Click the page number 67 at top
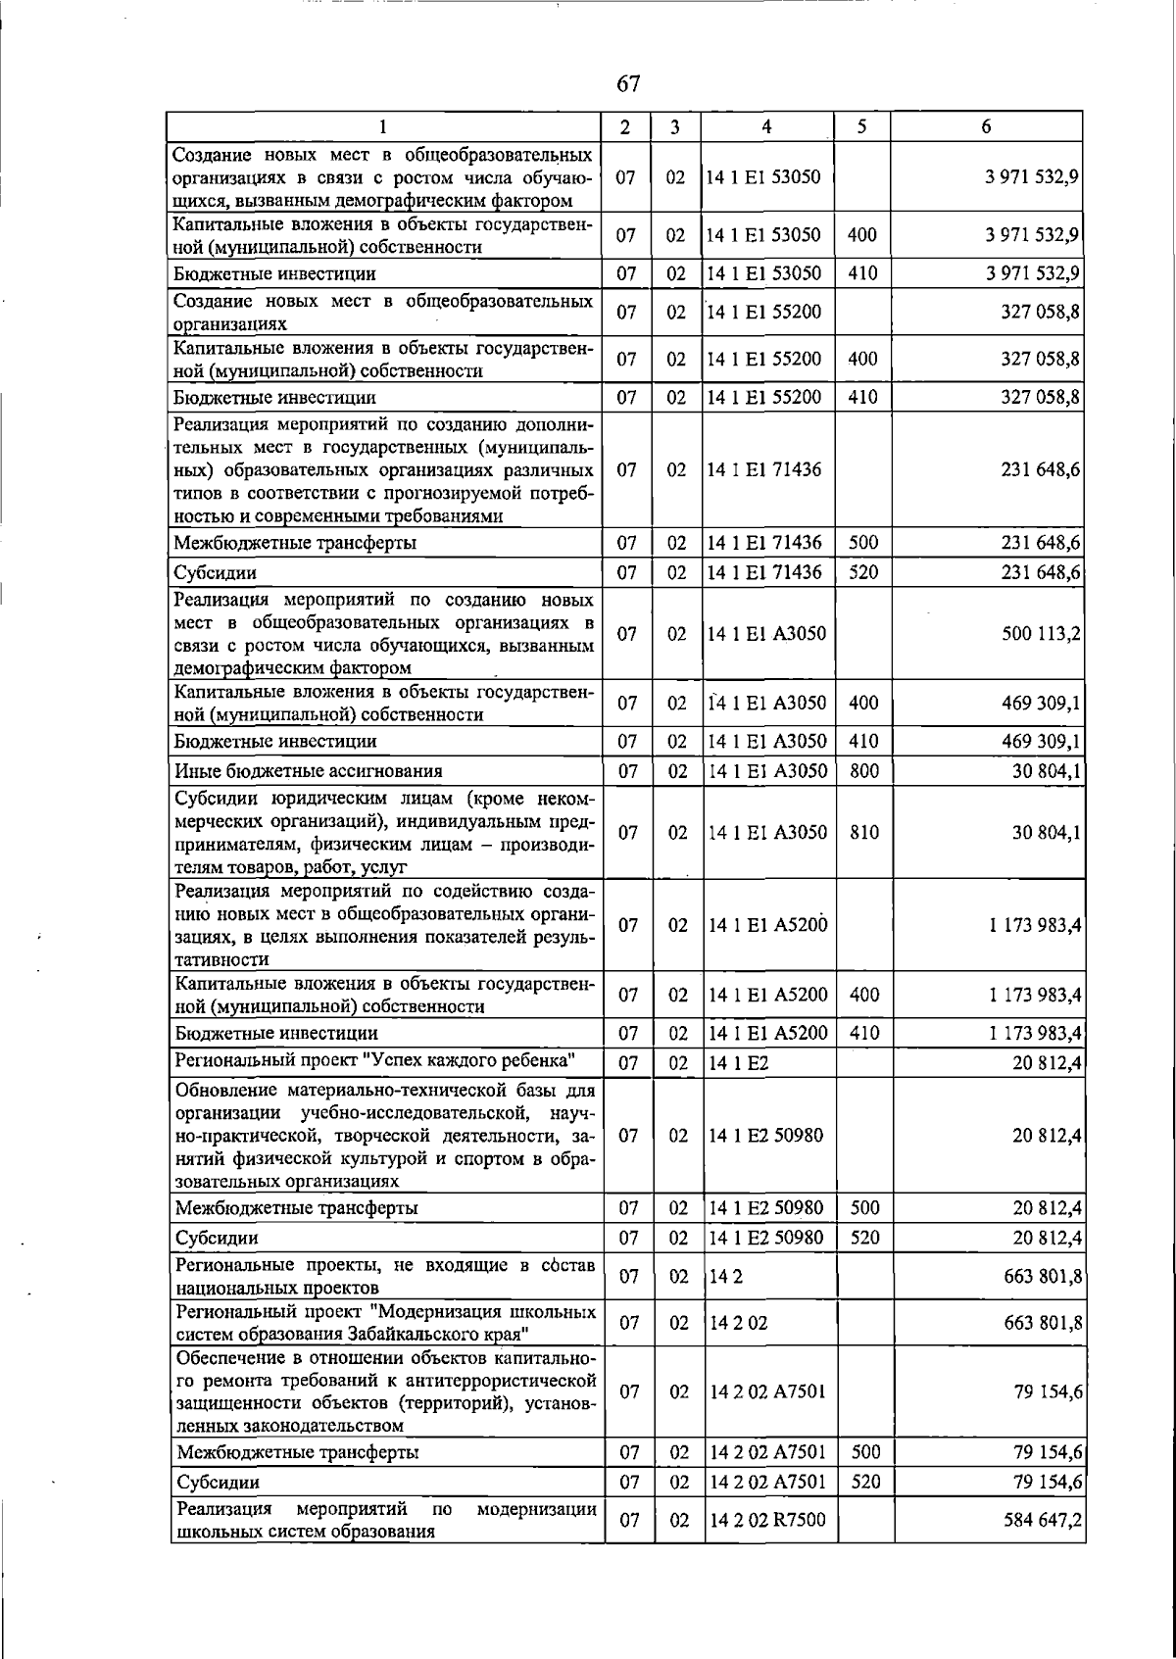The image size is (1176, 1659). click(628, 84)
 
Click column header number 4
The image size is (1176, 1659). click(766, 126)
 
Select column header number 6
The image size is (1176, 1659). click(986, 126)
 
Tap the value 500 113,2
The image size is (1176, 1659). click(1041, 634)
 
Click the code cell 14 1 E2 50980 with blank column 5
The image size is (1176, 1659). click(765, 1136)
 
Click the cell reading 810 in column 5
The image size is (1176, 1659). click(863, 833)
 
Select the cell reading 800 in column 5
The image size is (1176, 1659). click(863, 771)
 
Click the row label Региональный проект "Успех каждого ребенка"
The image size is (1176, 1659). click(374, 1061)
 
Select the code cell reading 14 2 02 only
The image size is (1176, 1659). click(738, 1323)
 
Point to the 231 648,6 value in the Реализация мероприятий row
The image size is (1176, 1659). click(1041, 469)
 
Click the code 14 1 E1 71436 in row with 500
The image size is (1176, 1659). click(764, 543)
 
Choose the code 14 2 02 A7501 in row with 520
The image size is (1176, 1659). click(766, 1483)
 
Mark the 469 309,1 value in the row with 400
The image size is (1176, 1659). click(1041, 703)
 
